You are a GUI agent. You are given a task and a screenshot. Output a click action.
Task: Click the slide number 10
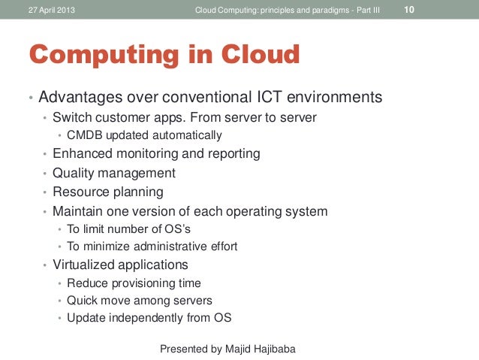[x=410, y=10]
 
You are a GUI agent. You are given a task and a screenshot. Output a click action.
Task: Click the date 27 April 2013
[x=51, y=11]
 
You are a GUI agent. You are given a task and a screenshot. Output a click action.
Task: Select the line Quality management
[x=113, y=173]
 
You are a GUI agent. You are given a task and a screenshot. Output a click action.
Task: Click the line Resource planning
[x=107, y=192]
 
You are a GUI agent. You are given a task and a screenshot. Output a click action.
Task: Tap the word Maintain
[x=79, y=211]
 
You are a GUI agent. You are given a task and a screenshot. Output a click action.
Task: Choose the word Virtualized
[x=82, y=265]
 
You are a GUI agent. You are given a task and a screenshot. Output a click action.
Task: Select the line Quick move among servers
[x=140, y=301]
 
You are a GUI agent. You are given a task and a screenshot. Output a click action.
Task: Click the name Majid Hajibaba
[x=268, y=349]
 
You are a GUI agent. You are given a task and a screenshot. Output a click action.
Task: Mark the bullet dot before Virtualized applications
[x=44, y=265]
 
